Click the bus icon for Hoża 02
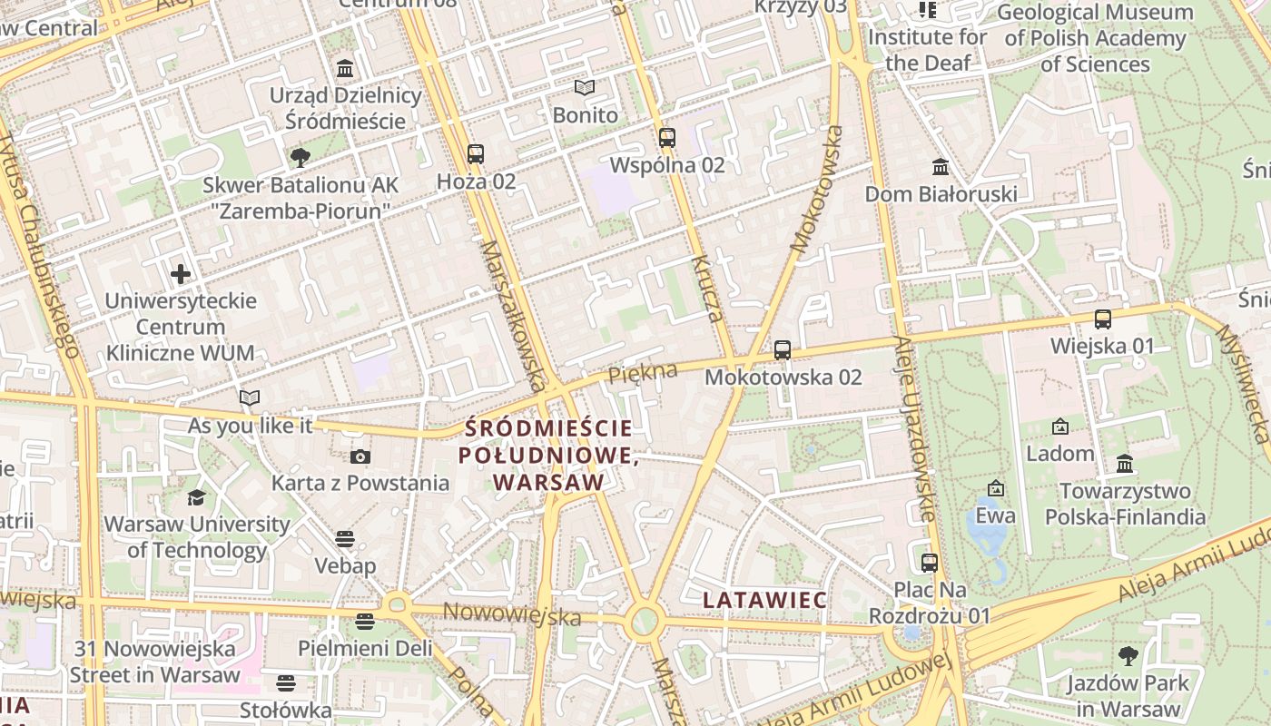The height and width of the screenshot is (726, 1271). tap(476, 154)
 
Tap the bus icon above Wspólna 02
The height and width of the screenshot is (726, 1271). tap(667, 138)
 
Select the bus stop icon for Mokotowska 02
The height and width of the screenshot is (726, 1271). tap(783, 349)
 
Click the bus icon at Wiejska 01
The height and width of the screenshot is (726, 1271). tap(1103, 319)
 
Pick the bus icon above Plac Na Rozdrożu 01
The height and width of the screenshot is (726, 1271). tap(930, 563)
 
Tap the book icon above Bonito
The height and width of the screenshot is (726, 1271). tap(585, 88)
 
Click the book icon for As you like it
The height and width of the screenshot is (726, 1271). tap(250, 397)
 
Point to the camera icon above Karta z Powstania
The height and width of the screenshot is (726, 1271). tap(360, 456)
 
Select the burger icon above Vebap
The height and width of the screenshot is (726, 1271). tap(344, 539)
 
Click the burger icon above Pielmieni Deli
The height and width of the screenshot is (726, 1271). tap(365, 622)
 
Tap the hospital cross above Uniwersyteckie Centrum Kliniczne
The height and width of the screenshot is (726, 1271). tap(181, 273)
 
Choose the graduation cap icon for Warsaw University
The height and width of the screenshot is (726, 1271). tap(196, 497)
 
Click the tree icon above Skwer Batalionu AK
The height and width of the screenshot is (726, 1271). tap(300, 158)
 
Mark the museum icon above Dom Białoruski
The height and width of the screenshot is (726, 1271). tap(941, 167)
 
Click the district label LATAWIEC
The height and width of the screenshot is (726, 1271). tap(765, 600)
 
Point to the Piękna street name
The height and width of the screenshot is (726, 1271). tap(643, 372)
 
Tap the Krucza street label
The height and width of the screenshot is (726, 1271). tap(706, 289)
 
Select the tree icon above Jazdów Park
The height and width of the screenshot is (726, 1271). tap(1128, 655)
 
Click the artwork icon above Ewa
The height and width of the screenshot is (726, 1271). tap(996, 488)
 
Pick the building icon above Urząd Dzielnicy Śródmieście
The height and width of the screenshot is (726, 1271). tap(345, 69)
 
